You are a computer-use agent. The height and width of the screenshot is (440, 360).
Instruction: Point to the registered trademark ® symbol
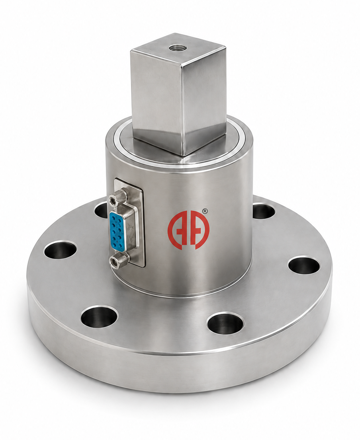click(x=205, y=211)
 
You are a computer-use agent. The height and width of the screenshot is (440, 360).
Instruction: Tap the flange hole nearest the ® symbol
click(x=263, y=211)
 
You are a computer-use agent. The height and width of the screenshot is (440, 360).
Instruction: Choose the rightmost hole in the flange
click(x=303, y=265)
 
